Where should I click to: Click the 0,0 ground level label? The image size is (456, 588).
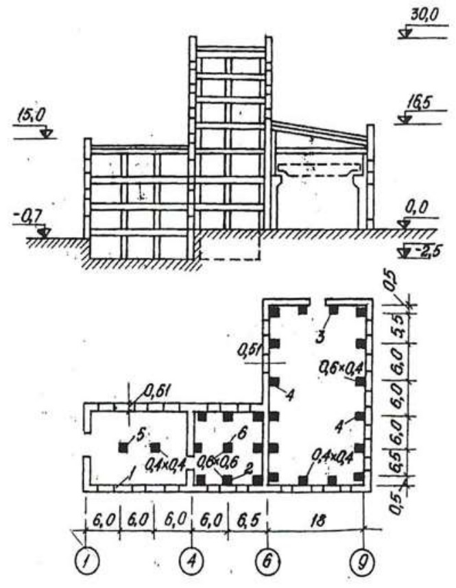(x=411, y=223)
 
